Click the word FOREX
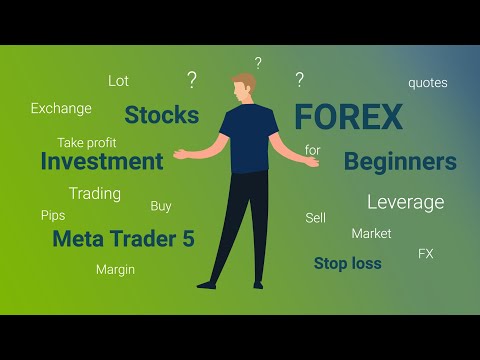348,118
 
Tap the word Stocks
161,115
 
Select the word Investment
102,161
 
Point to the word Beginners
400,161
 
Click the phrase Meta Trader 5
123,239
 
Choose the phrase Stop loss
347,264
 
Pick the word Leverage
405,202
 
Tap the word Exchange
61,108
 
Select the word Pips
53,215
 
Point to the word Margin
115,269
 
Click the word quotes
427,83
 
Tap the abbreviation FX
425,254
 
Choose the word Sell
315,217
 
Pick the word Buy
161,206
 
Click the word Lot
118,81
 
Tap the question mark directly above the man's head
258,63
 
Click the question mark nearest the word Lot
191,79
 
